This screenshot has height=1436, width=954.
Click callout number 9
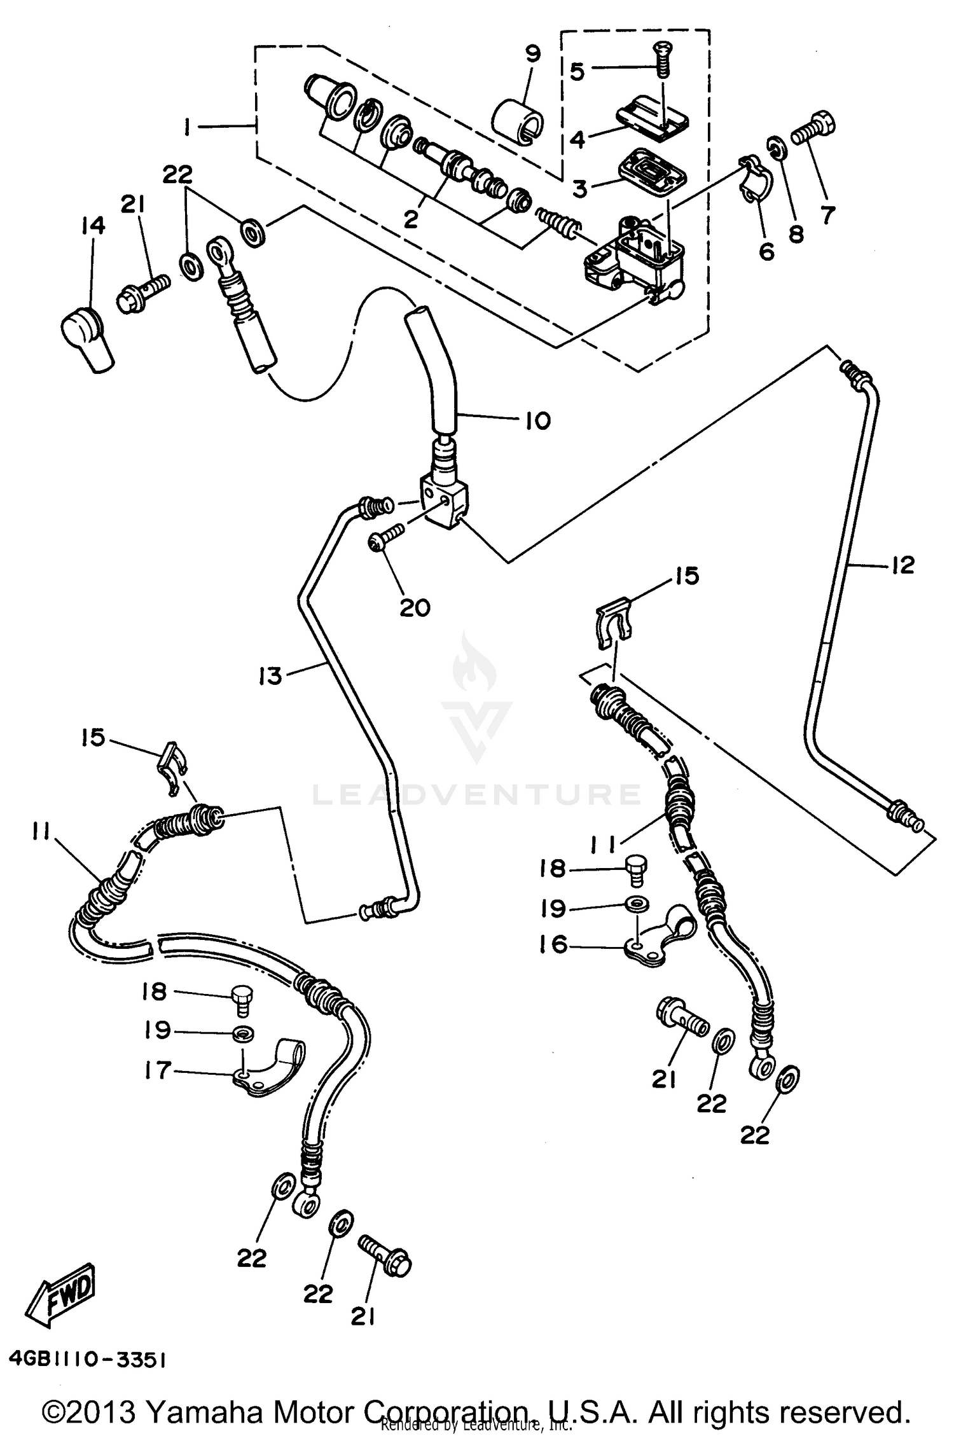coord(533,54)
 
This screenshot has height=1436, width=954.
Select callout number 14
coord(93,226)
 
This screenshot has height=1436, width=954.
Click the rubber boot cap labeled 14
coord(88,339)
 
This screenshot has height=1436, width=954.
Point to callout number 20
coord(415,608)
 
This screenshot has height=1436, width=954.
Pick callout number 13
coord(270,675)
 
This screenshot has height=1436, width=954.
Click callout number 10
coord(538,420)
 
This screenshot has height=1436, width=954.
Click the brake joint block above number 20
coord(444,501)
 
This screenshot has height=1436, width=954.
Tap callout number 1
coord(188,128)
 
